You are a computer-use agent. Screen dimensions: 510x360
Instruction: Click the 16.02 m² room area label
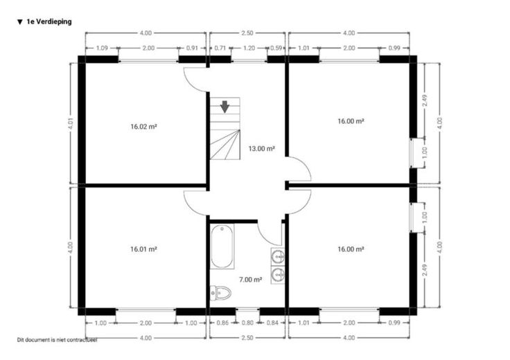[x=143, y=127]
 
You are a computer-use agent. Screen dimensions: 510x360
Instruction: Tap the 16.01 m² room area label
[x=143, y=249]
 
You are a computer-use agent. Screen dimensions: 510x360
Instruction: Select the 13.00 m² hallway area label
[x=262, y=149]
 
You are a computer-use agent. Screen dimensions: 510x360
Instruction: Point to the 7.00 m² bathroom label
[x=250, y=280]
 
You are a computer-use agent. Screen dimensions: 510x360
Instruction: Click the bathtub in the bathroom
[x=222, y=246]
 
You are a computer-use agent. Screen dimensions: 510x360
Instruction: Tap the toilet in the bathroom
[x=220, y=293]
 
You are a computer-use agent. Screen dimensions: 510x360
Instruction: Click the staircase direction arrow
[x=225, y=107]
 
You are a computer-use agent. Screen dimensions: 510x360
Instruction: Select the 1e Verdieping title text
[x=49, y=21]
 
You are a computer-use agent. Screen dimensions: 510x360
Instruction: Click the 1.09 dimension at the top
[x=102, y=48]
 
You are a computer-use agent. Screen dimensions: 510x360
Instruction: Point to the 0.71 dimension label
[x=220, y=48]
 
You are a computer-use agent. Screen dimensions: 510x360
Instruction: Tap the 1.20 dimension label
[x=249, y=48]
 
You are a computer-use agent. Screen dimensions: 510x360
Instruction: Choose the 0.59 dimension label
[x=276, y=48]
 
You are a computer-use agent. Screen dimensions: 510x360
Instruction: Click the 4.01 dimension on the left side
[x=71, y=123]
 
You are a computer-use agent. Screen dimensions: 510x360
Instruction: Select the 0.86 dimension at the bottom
[x=222, y=323]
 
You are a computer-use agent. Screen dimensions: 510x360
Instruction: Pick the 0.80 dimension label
[x=247, y=323]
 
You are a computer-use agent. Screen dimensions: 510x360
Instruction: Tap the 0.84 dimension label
[x=272, y=323]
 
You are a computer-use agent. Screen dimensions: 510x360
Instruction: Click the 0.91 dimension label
[x=192, y=48]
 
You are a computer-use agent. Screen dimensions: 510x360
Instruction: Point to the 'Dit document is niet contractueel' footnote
[x=58, y=340]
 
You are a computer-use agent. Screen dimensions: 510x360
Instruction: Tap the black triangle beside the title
[x=20, y=22]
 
